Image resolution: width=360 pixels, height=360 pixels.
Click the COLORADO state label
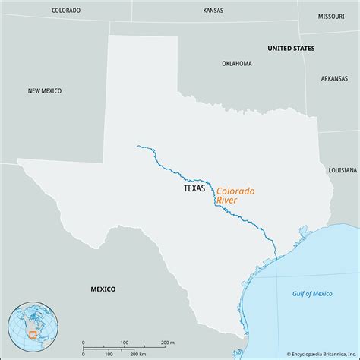tap(67, 11)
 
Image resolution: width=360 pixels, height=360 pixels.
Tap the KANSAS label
tap(213, 11)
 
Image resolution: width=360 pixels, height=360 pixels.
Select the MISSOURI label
tap(331, 15)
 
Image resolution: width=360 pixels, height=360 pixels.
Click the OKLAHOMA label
tap(237, 64)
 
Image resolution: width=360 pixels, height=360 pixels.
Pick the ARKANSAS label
tap(334, 78)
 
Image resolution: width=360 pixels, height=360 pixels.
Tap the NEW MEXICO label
tap(46, 90)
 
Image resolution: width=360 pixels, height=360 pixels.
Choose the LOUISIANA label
tap(343, 171)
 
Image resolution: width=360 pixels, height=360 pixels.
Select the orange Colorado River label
tap(235, 195)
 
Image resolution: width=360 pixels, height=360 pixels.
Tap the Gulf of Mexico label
tap(312, 293)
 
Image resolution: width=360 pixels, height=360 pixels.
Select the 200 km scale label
tap(137, 355)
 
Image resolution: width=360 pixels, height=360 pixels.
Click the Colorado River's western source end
tap(137, 147)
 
